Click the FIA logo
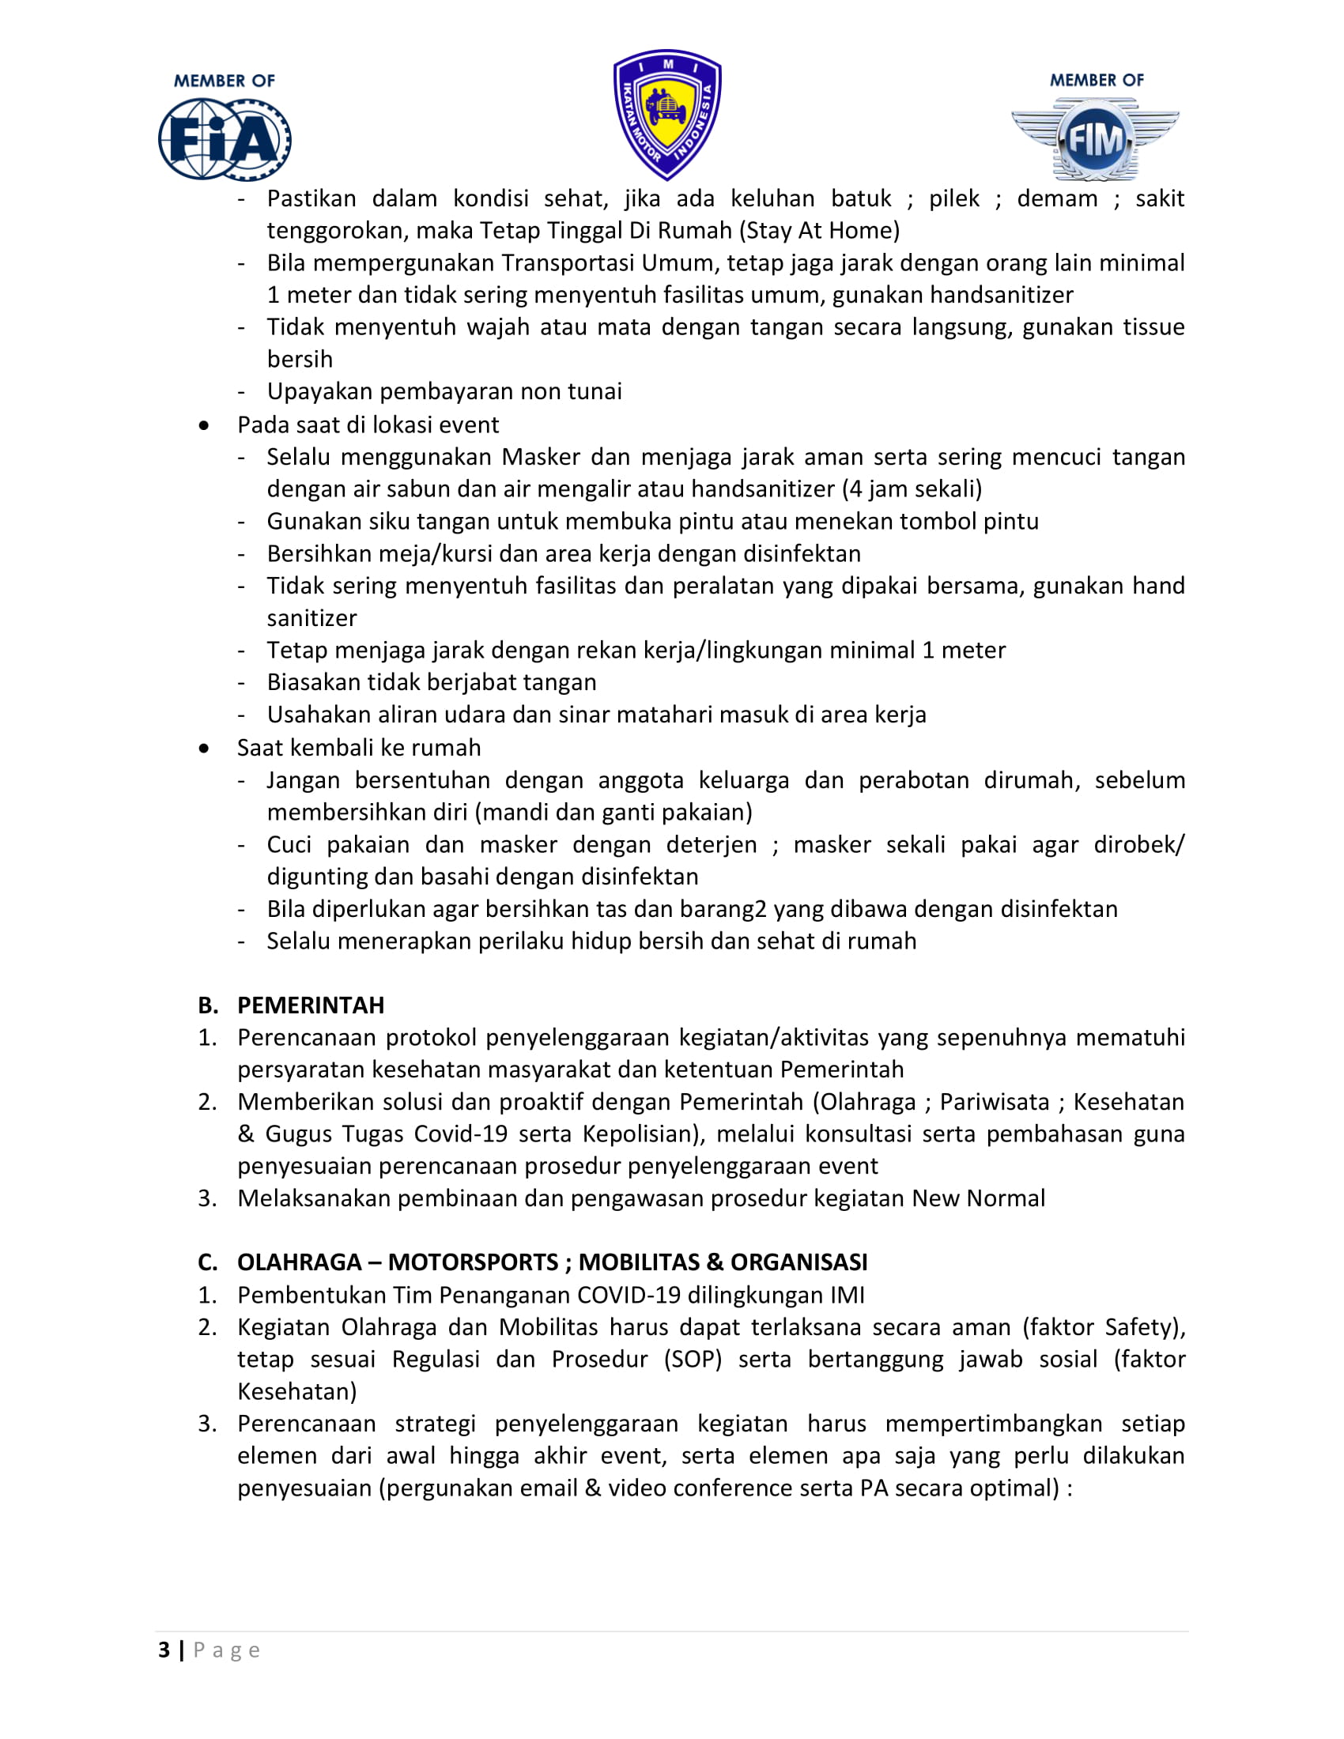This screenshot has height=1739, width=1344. pyautogui.click(x=224, y=138)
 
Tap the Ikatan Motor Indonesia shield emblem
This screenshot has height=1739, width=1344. pyautogui.click(x=667, y=114)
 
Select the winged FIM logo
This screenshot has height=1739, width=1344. pyautogui.click(x=1095, y=138)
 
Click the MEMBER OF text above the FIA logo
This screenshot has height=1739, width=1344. pyautogui.click(x=224, y=81)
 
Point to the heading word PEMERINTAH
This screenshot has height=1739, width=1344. pyautogui.click(x=311, y=1005)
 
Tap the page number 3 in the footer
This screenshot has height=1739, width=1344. pyautogui.click(x=164, y=1649)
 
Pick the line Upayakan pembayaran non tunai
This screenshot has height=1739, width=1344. pyautogui.click(x=444, y=391)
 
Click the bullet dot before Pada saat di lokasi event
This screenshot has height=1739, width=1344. pyautogui.click(x=205, y=425)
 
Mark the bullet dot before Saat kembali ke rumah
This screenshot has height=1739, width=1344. pyautogui.click(x=205, y=748)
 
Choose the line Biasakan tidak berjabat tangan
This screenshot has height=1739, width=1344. pyautogui.click(x=432, y=681)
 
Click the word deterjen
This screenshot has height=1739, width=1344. pyautogui.click(x=711, y=844)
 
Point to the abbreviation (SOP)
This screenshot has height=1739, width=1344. pyautogui.click(x=693, y=1358)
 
